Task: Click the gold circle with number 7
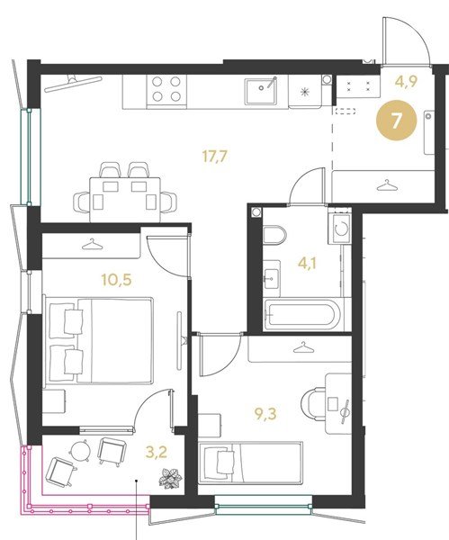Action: click(x=396, y=121)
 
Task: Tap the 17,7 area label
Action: click(x=215, y=157)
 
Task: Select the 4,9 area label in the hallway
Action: click(x=407, y=82)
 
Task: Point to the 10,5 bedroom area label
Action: click(x=116, y=280)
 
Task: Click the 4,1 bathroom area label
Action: click(x=307, y=264)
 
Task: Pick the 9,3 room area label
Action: click(x=265, y=414)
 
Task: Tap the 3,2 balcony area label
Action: click(x=156, y=452)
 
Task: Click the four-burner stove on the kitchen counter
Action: click(x=166, y=89)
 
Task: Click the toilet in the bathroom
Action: click(x=274, y=235)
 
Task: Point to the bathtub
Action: click(x=302, y=314)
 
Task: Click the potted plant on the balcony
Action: click(x=170, y=478)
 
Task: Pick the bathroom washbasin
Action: click(x=272, y=278)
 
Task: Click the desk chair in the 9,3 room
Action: click(x=313, y=403)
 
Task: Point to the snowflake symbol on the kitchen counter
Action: click(x=305, y=92)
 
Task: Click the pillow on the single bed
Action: click(x=226, y=463)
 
